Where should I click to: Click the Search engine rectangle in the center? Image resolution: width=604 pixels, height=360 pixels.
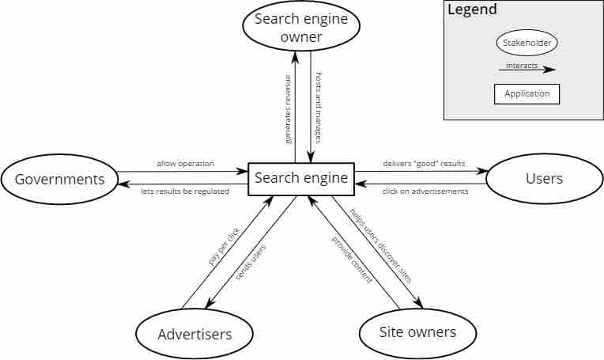(301, 179)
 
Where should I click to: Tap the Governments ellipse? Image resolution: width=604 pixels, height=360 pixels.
(59, 180)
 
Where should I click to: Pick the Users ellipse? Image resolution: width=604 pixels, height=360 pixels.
(544, 179)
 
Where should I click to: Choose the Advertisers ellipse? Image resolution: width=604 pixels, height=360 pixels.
(194, 334)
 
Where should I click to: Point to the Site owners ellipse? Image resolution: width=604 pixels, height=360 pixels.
(417, 332)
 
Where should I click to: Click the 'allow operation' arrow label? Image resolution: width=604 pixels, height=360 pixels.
(185, 164)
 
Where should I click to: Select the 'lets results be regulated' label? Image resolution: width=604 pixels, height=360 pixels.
(186, 191)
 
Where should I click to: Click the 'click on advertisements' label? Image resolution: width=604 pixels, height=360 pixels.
(425, 191)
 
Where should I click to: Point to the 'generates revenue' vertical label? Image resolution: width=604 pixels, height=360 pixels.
(288, 108)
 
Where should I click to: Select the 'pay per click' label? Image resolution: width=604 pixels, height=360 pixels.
(224, 246)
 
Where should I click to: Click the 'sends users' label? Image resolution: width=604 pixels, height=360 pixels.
(251, 263)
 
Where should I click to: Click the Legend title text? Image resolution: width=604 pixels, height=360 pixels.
(472, 10)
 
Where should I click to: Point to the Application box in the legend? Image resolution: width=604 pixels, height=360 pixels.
(527, 93)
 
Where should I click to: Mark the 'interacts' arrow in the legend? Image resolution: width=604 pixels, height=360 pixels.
(527, 68)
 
